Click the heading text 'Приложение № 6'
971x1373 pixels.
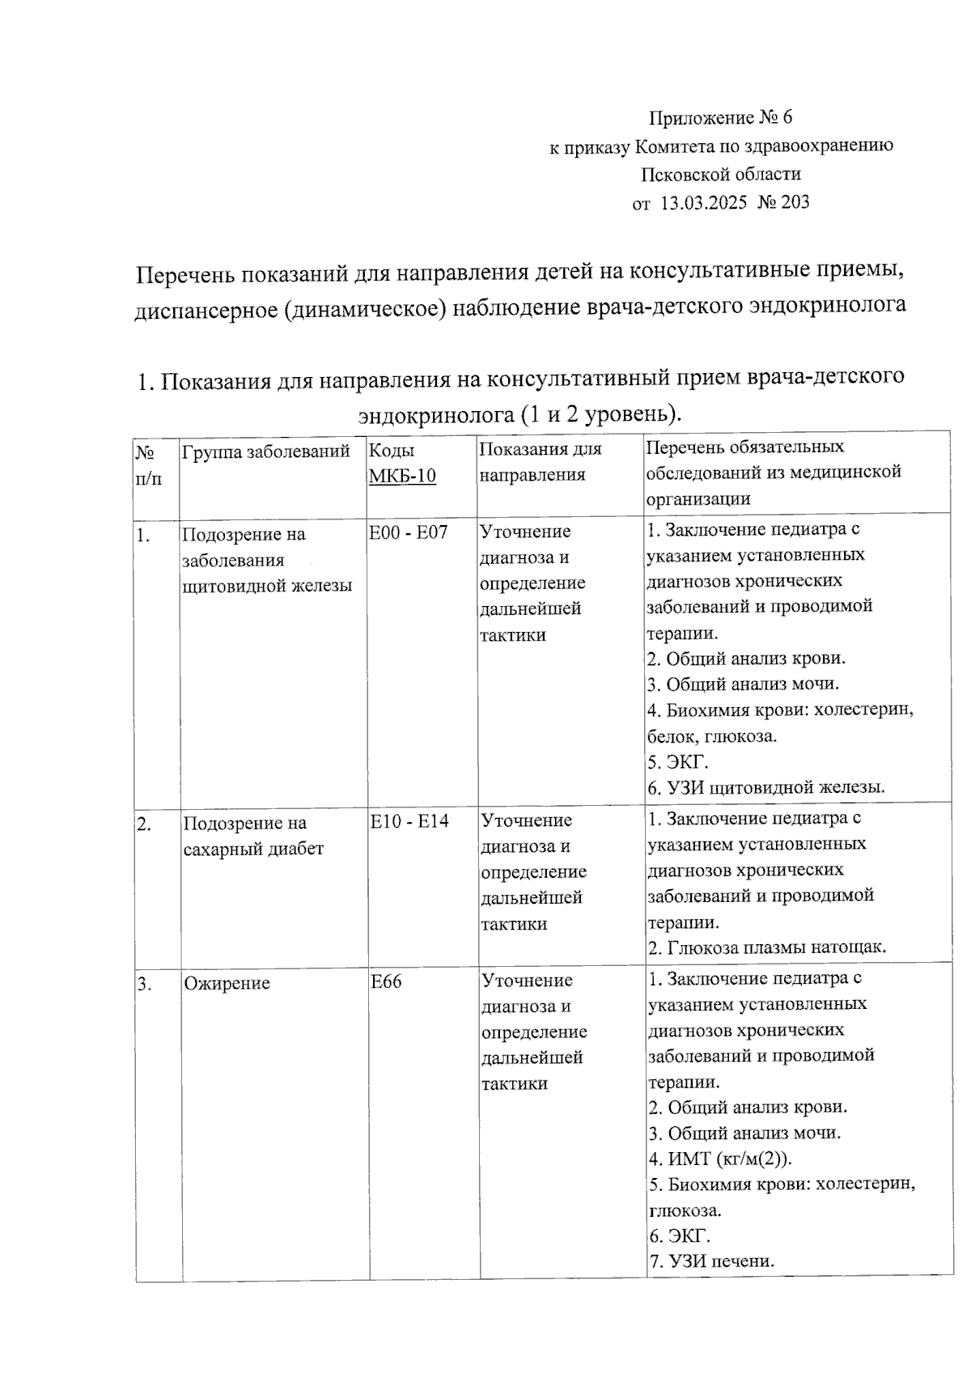pos(720,118)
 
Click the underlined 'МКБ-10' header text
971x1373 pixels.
pos(402,476)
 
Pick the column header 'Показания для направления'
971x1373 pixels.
pos(541,462)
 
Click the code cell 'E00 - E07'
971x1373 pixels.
pos(409,533)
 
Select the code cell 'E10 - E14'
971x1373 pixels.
pos(409,822)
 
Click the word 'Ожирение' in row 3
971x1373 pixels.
pos(227,984)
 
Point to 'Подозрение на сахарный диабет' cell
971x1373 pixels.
pos(253,836)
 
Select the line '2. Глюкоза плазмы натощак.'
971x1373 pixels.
pos(767,947)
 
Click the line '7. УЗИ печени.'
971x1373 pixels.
pos(711,1261)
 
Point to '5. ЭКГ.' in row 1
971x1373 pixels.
pos(677,762)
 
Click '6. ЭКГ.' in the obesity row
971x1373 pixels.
pos(679,1236)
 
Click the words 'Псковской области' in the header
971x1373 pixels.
pos(721,174)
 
